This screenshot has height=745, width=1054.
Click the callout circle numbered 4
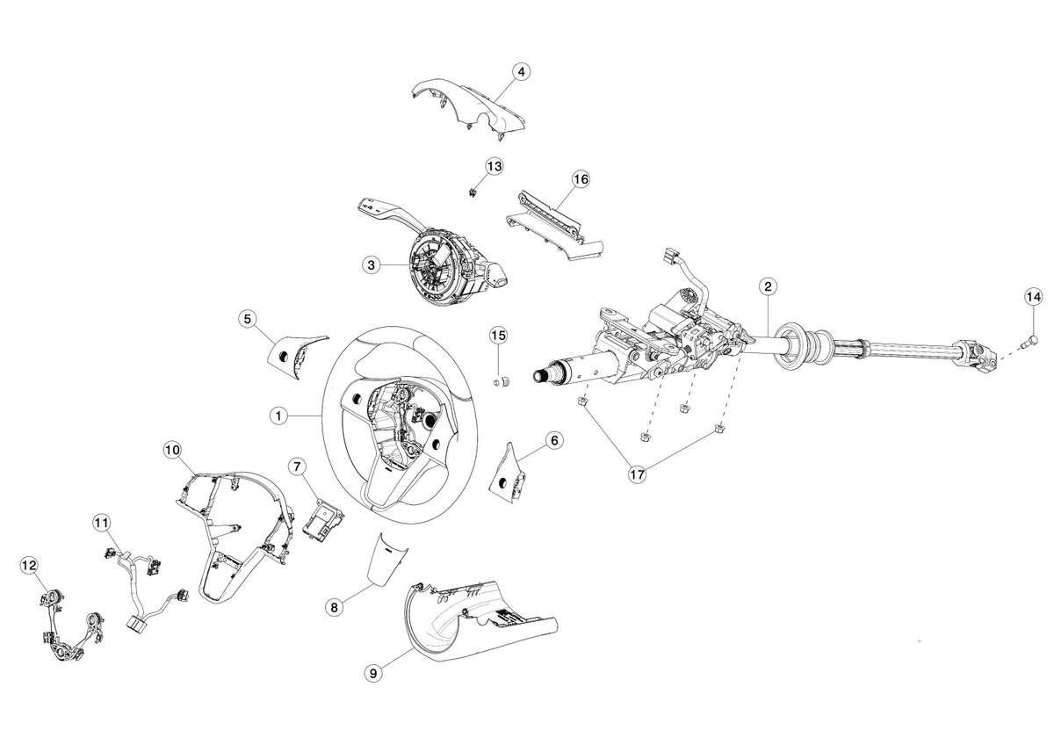(521, 72)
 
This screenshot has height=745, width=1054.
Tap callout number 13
(495, 167)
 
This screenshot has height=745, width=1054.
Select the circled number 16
(581, 179)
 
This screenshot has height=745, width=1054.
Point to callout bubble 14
(1034, 297)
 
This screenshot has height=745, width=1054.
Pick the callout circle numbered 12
(29, 565)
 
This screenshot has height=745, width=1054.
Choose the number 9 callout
(373, 674)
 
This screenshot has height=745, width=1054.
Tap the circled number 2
(768, 286)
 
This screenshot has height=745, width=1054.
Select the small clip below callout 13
(471, 192)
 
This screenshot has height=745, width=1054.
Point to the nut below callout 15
(502, 381)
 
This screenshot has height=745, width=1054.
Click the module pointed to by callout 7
(324, 520)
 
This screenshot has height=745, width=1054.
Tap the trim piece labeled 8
(386, 559)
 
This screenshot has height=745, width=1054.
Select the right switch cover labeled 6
(509, 473)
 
